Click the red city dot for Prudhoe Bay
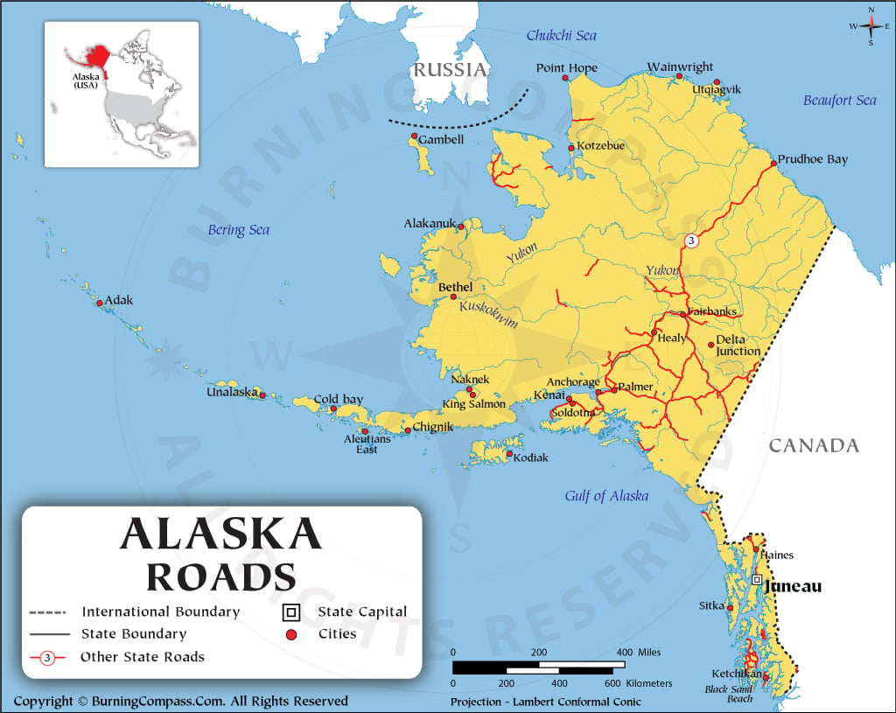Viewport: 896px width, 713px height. click(773, 164)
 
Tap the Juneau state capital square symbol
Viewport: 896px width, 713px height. click(756, 579)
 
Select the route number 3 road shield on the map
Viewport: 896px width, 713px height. click(691, 241)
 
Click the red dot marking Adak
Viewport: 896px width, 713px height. click(100, 304)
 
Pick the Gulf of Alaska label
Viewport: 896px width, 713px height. click(606, 496)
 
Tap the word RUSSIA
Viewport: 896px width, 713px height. click(450, 70)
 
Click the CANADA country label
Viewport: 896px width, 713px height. click(814, 445)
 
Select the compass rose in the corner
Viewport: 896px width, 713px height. click(871, 26)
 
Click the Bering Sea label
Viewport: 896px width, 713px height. click(238, 230)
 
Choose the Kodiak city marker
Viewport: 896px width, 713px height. click(509, 454)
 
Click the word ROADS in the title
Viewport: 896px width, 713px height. click(220, 577)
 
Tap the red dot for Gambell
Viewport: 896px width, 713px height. click(414, 136)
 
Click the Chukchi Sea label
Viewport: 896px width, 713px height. click(561, 35)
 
